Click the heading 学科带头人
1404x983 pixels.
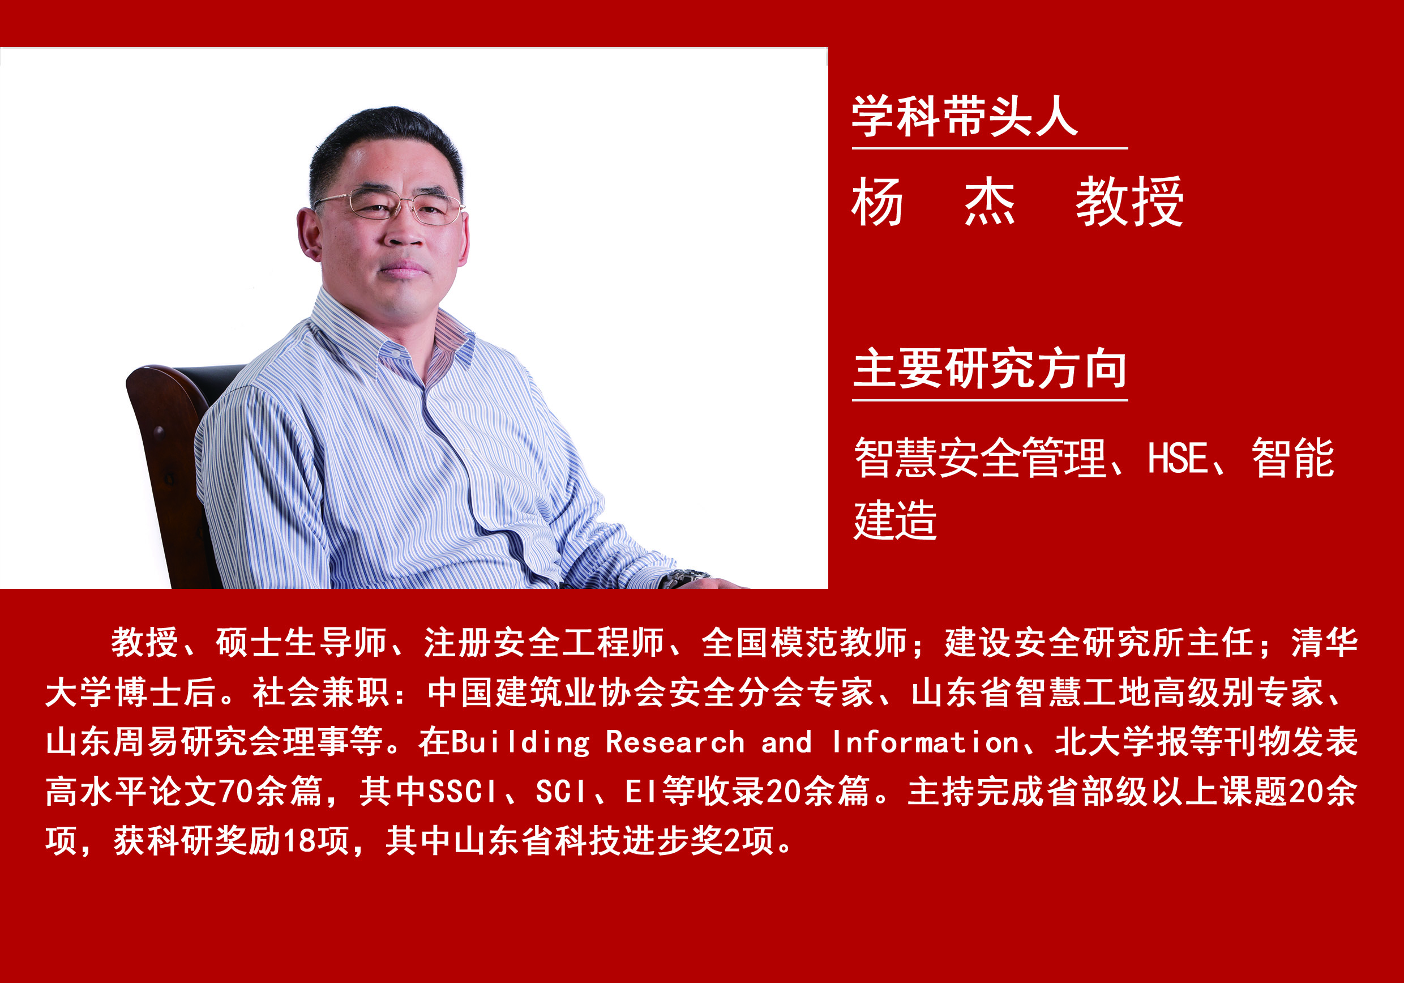click(x=964, y=116)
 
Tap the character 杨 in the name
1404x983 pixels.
click(x=877, y=202)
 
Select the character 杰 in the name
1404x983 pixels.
click(x=990, y=202)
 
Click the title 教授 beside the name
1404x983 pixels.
click(x=1129, y=202)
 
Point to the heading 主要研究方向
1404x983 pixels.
click(x=990, y=368)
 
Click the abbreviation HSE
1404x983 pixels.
click(x=1177, y=458)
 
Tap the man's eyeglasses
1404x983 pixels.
click(x=389, y=206)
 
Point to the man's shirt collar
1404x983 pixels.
click(x=391, y=340)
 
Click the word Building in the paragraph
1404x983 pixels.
click(x=521, y=742)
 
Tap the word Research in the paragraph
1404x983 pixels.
click(x=675, y=742)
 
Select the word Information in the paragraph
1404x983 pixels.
click(x=926, y=742)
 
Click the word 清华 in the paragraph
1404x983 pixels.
click(x=1325, y=643)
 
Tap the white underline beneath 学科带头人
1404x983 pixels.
click(x=990, y=148)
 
